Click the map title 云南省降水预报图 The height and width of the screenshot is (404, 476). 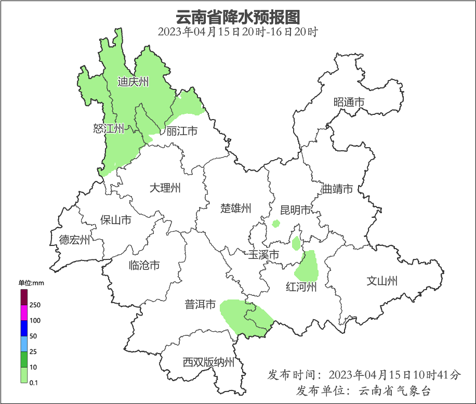tap(238, 17)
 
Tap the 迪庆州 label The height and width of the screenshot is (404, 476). tap(133, 82)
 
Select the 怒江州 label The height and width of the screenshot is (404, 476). tap(109, 128)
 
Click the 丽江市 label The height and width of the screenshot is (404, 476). tap(182, 131)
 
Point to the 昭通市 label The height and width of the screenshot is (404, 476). tap(349, 102)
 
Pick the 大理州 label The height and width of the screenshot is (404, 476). tap(165, 188)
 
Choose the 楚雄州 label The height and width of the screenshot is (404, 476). tap(236, 208)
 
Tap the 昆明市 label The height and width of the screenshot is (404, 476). tap(295, 210)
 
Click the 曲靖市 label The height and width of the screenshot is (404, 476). tap(337, 189)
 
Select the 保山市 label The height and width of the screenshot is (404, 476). tap(115, 220)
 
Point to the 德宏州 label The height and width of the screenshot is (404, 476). tap(74, 240)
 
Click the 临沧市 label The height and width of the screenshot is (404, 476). tap(144, 266)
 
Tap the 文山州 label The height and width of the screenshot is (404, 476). tap(382, 281)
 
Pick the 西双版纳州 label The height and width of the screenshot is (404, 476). tap(208, 362)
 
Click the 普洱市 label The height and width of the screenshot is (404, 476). tap(200, 305)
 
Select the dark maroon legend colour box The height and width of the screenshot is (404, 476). tap(24, 297)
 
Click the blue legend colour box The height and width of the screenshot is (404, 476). tap(24, 328)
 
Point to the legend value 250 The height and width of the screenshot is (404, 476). tap(35, 305)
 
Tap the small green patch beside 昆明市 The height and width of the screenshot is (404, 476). tap(276, 224)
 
